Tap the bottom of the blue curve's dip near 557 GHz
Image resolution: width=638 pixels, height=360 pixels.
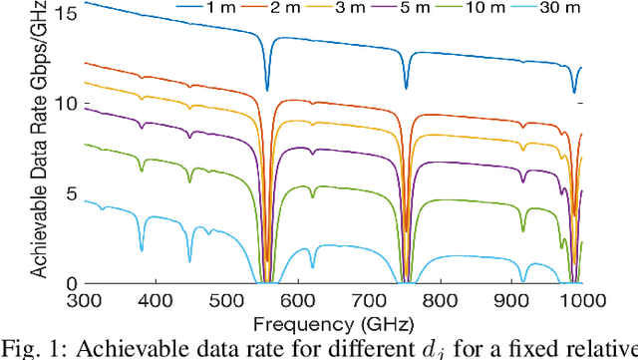click(266, 89)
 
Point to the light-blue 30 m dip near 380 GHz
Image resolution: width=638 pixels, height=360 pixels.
click(142, 249)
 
